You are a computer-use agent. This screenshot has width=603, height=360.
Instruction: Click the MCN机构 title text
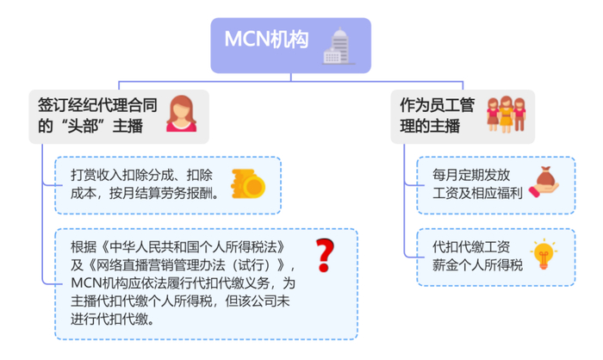[x=266, y=40]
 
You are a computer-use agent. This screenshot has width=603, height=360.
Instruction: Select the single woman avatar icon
[x=181, y=114]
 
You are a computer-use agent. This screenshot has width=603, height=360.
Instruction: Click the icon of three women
[x=506, y=115]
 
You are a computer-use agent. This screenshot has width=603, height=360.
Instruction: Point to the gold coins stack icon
[x=248, y=183]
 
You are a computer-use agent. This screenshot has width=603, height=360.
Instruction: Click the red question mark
[x=325, y=255]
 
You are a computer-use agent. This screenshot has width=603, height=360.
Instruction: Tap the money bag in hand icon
[x=544, y=182]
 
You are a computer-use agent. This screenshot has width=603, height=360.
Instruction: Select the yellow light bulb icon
[x=544, y=254]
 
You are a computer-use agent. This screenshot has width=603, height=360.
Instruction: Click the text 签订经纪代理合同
[x=97, y=105]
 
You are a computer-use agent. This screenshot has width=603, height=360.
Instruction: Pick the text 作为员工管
[x=438, y=105]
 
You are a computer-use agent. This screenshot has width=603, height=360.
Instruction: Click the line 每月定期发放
[x=471, y=175]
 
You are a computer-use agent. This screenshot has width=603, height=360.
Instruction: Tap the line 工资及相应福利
[x=477, y=193]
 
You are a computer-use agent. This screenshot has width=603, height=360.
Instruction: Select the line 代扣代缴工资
[x=471, y=247]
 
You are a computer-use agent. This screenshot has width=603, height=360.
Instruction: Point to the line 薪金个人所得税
[x=477, y=265]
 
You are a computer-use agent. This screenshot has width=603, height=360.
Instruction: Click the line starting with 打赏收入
[x=141, y=175]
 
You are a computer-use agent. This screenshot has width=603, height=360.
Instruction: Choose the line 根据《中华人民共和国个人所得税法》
[x=178, y=247]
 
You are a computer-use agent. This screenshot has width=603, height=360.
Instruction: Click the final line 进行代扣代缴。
[x=113, y=319]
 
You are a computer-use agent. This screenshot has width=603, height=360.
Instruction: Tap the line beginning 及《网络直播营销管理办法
[x=183, y=265]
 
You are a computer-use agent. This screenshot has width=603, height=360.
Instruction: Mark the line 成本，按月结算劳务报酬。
[x=146, y=193]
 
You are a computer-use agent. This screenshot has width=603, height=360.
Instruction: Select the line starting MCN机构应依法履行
[x=183, y=283]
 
